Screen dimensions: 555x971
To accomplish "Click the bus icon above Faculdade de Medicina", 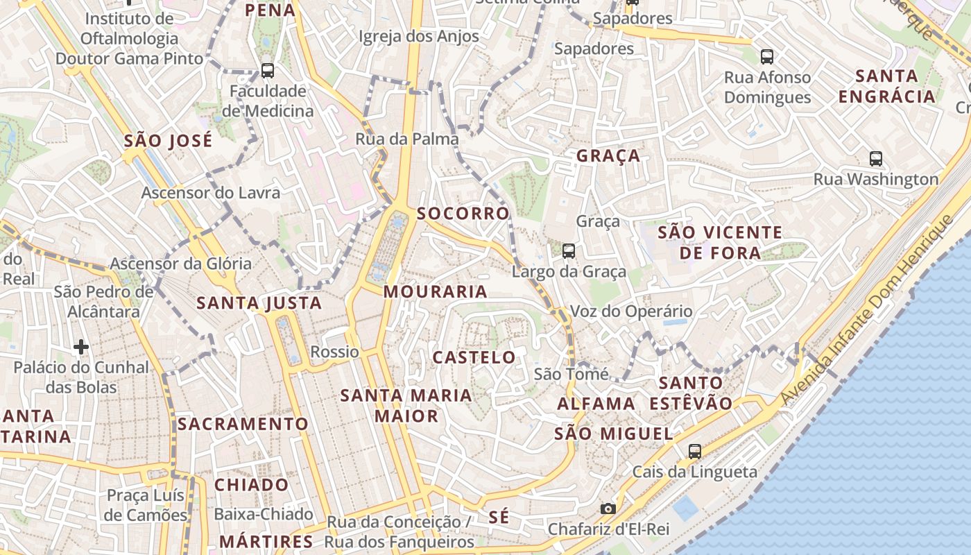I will tap(268, 70).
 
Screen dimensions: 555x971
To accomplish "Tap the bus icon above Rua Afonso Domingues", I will tap(766, 56).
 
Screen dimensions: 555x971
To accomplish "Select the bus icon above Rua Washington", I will tap(876, 158).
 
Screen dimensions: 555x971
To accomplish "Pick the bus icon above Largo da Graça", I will tap(569, 250).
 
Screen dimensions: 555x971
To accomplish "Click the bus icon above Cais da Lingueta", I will tap(695, 452).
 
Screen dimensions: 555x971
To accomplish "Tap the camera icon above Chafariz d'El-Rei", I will tap(608, 509).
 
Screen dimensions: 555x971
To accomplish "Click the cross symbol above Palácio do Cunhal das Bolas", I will tap(81, 346).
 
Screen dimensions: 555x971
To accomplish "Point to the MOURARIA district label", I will tap(436, 292).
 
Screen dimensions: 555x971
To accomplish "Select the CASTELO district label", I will tap(474, 358).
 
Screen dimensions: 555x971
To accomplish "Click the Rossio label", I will tap(334, 352).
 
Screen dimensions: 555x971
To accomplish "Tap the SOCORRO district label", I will tap(463, 214).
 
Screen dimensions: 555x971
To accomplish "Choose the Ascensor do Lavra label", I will tap(211, 192).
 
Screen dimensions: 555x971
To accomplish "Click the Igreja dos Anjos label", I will tap(419, 36).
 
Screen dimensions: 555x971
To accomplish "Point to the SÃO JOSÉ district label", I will tap(168, 141).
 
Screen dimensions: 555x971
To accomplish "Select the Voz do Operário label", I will tap(631, 311).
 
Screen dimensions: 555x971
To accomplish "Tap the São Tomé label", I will tap(572, 375).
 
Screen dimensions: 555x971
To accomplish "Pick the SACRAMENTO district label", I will tap(243, 424).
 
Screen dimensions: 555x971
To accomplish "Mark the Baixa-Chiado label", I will tap(264, 514).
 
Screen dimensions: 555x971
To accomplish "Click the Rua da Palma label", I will tap(407, 139).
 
